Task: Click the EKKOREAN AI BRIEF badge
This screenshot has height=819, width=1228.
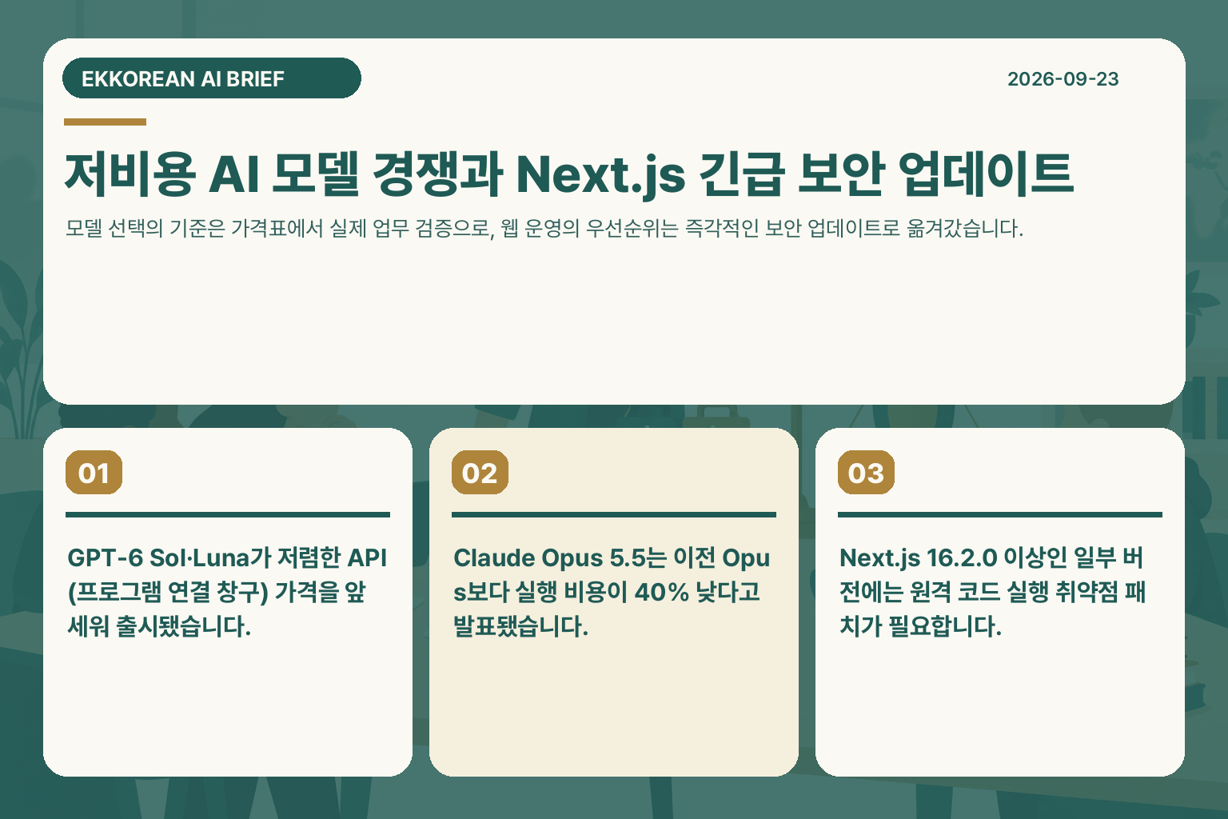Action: (x=212, y=78)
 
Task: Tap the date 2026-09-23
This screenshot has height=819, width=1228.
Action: (x=1063, y=79)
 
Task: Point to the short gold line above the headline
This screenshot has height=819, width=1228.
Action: (x=106, y=122)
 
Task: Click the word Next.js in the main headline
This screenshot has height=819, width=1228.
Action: (x=600, y=175)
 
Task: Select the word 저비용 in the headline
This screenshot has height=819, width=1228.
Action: (x=130, y=174)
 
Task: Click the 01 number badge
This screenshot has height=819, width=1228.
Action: (x=94, y=473)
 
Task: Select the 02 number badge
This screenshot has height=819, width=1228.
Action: (x=480, y=473)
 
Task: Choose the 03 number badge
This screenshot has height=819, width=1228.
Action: (x=866, y=473)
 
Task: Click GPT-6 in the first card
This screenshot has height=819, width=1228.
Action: (x=105, y=558)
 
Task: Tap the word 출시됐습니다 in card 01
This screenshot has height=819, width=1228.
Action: (x=183, y=626)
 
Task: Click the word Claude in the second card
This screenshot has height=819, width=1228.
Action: (x=494, y=558)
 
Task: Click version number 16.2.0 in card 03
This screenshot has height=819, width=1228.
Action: (x=962, y=558)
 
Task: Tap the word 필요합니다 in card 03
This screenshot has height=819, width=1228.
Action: (x=945, y=626)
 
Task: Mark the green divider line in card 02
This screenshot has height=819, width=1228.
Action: (x=614, y=514)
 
